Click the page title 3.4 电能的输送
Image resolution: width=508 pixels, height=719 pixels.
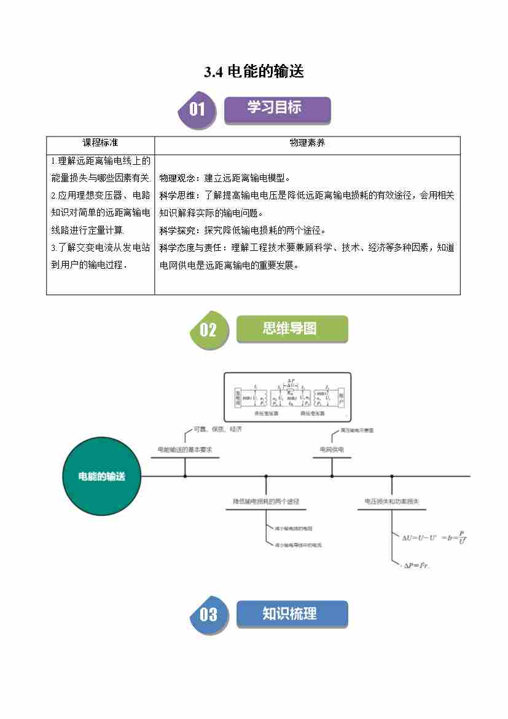254,72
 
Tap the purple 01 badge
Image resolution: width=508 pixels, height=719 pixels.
197,110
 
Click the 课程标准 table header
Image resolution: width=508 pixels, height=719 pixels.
100,143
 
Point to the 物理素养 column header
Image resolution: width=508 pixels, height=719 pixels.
307,143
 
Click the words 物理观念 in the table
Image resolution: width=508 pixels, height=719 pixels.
177,178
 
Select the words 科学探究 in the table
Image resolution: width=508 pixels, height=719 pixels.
177,231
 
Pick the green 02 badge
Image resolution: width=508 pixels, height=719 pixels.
208,330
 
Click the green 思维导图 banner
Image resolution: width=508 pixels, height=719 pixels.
291,328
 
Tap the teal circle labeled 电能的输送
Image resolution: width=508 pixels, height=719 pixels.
102,476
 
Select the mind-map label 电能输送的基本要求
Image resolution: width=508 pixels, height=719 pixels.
185,450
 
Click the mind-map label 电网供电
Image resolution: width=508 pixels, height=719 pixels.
332,450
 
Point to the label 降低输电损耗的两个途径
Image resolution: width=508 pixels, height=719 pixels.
266,502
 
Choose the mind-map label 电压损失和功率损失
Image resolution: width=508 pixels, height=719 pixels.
392,502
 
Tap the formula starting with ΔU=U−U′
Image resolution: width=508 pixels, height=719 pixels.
434,537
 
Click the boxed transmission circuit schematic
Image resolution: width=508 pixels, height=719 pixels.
287,397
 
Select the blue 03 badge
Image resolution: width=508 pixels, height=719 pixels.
208,614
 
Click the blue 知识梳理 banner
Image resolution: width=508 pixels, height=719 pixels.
291,614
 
